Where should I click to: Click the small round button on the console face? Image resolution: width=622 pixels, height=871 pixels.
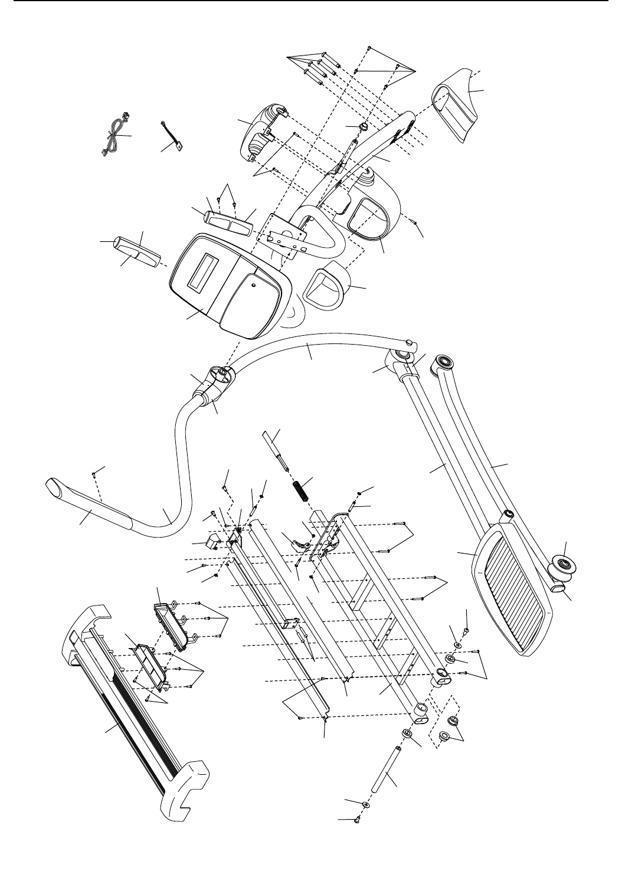(x=253, y=284)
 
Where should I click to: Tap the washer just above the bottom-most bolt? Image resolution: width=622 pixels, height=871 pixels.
(x=366, y=804)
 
